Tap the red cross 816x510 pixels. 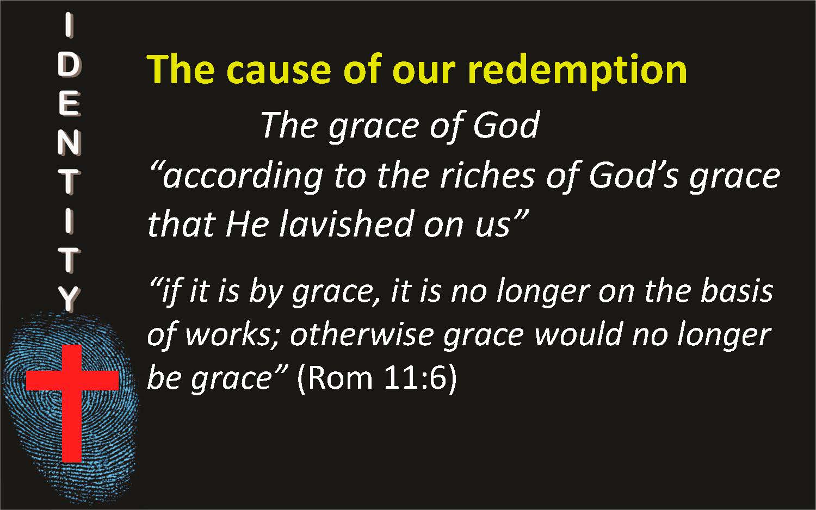point(72,403)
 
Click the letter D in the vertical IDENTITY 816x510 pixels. point(69,66)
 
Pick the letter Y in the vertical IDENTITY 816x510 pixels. point(69,299)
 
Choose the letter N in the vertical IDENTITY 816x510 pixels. point(69,143)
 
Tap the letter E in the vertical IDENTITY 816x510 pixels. point(69,104)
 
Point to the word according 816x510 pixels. point(242,178)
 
